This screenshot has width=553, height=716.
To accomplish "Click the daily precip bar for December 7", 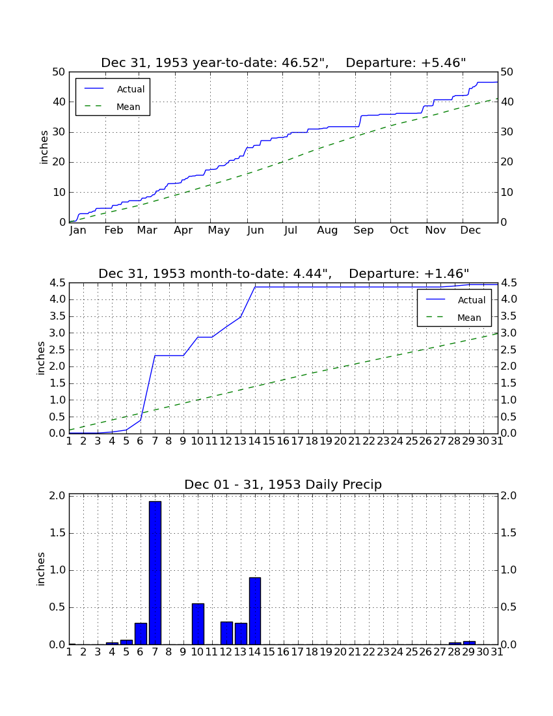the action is coord(155,573).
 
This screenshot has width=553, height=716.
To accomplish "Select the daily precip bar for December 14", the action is coord(255,611).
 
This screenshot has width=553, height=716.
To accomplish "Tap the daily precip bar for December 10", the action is coord(198,624).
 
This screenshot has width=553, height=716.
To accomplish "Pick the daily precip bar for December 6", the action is coord(141,634).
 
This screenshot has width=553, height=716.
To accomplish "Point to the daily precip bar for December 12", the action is coord(226,633).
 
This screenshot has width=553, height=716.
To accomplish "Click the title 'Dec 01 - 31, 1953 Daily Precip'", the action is coord(283,484).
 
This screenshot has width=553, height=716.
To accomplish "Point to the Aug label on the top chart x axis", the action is coord(327,230).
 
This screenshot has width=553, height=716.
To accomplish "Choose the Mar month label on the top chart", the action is coord(147,230).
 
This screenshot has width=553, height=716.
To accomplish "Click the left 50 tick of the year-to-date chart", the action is coord(59,72).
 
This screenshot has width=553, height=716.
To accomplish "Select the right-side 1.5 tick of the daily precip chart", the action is coord(509,533).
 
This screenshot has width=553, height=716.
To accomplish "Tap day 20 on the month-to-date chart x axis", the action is coord(340,441).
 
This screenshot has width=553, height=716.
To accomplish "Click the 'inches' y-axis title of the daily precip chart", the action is coord(41,569).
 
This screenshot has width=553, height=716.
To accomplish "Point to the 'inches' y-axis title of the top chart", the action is coord(44,147).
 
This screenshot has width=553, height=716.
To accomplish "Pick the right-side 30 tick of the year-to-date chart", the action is coord(507,132).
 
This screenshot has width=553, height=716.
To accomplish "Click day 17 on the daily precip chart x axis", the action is coord(297,652).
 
